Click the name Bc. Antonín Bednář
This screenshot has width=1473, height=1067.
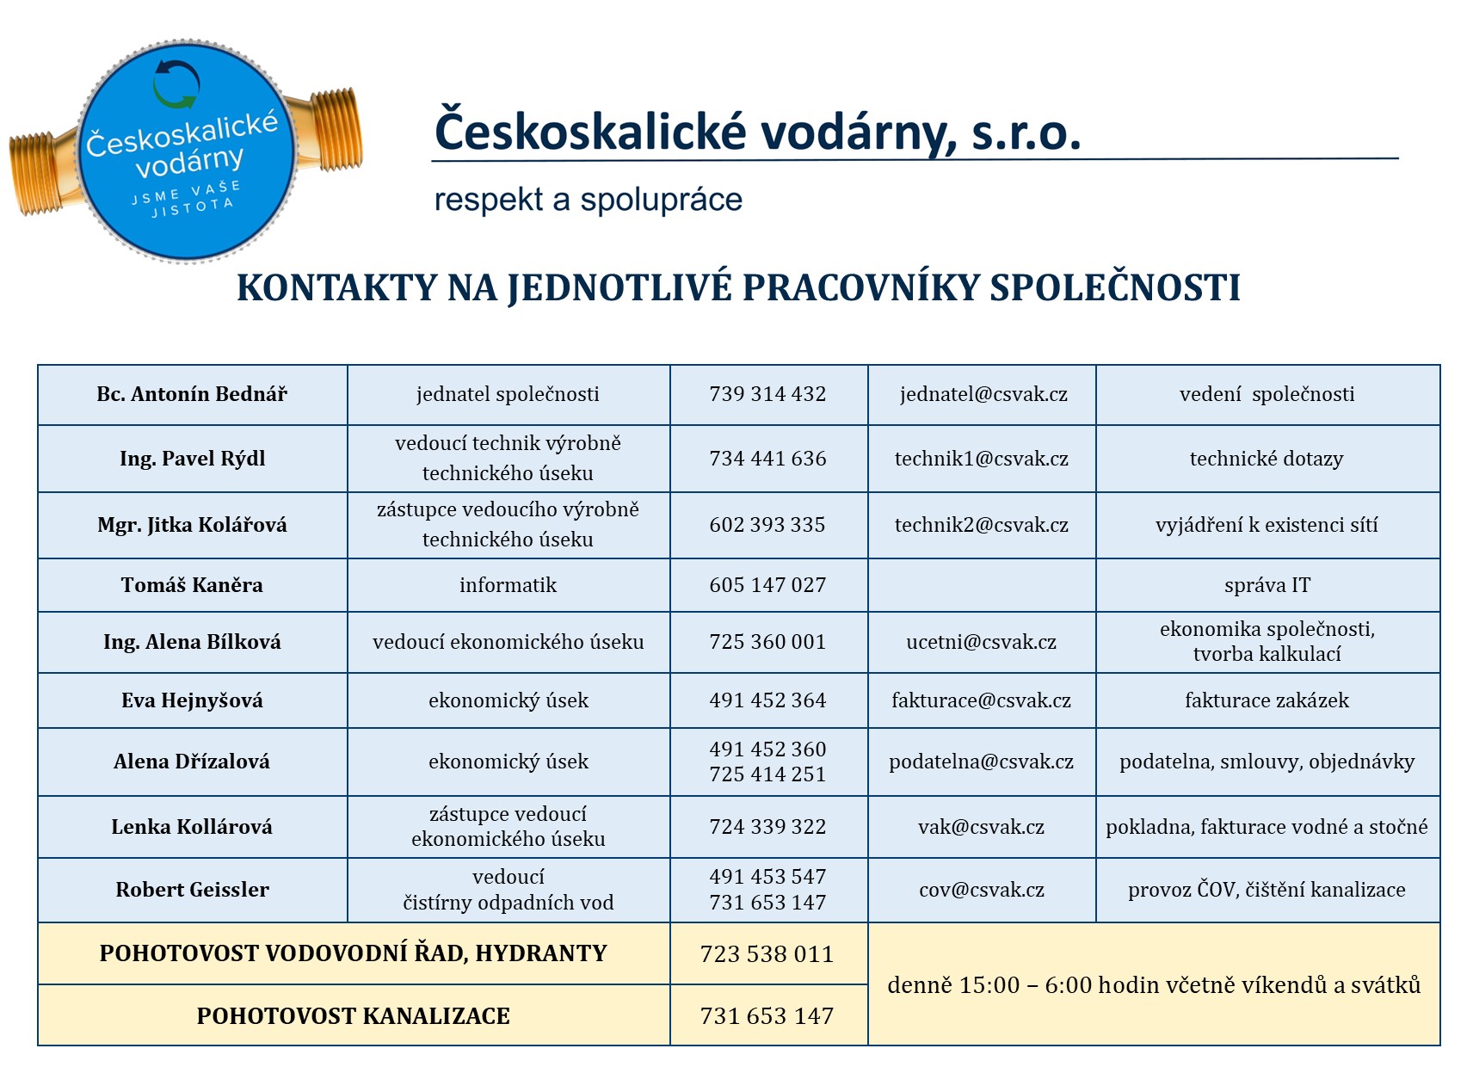(x=192, y=394)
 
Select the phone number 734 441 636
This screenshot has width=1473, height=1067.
(x=767, y=459)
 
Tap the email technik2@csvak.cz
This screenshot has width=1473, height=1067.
(x=982, y=525)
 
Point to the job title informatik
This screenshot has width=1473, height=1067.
(x=508, y=585)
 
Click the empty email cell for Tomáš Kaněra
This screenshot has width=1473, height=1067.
(x=982, y=585)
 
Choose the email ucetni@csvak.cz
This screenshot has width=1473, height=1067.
(x=982, y=642)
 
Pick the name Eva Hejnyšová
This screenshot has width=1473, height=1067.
(x=192, y=700)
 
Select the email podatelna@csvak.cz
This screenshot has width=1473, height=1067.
(x=982, y=762)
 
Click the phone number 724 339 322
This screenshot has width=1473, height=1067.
(x=767, y=827)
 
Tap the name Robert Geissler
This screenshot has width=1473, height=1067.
(x=192, y=890)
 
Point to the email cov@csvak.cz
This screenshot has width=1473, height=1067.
(x=982, y=890)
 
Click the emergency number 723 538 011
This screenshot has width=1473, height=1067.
(x=767, y=954)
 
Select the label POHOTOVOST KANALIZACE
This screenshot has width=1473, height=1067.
(x=353, y=1016)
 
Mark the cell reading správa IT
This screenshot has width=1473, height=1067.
(x=1267, y=585)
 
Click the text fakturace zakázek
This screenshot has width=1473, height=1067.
(x=1267, y=700)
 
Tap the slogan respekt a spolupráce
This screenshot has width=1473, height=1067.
(x=589, y=200)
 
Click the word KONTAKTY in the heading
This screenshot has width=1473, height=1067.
(x=336, y=288)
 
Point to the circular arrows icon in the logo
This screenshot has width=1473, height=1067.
(x=176, y=84)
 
